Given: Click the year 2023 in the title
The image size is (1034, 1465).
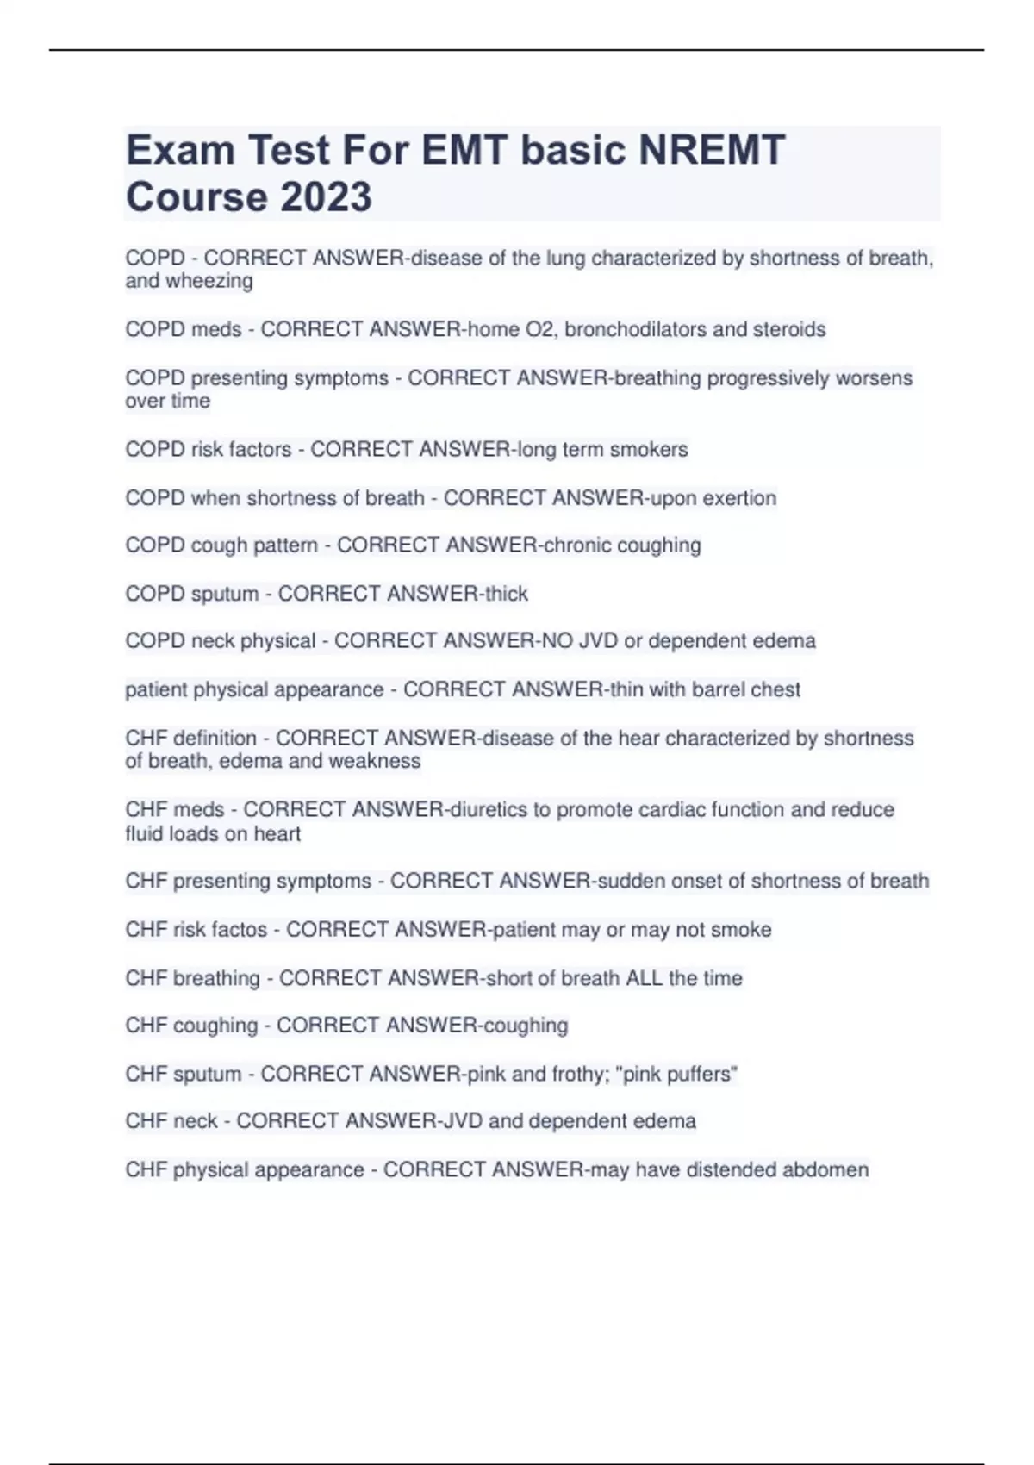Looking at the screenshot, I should [327, 196].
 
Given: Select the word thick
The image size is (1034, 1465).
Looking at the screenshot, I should [507, 594].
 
